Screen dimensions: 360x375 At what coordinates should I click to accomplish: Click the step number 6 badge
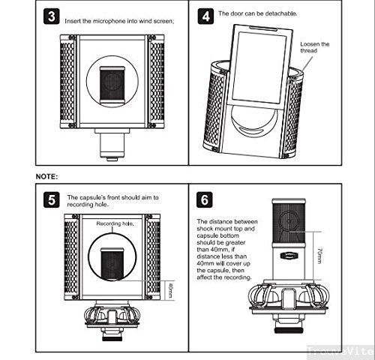pyautogui.click(x=204, y=200)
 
